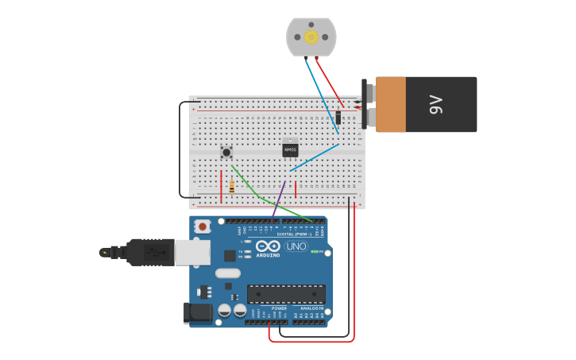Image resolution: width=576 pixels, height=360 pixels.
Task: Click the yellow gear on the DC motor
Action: click(x=311, y=37)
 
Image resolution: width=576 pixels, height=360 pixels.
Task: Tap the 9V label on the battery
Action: click(x=435, y=104)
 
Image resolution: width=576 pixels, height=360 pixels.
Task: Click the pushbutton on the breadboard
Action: click(x=226, y=152)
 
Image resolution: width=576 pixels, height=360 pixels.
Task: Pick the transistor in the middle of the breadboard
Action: click(x=291, y=148)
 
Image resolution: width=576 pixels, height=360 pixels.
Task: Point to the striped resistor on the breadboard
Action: click(x=231, y=187)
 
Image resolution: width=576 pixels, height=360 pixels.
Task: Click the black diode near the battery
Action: click(x=338, y=118)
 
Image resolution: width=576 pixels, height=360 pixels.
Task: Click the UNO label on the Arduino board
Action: click(x=296, y=246)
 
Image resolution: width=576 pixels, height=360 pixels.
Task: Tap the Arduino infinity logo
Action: click(x=268, y=246)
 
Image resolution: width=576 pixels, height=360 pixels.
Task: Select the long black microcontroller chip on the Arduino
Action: click(x=285, y=294)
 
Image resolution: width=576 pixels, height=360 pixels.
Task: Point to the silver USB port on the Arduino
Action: click(x=194, y=252)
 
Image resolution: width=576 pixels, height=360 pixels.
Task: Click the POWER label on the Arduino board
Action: click(x=279, y=308)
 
